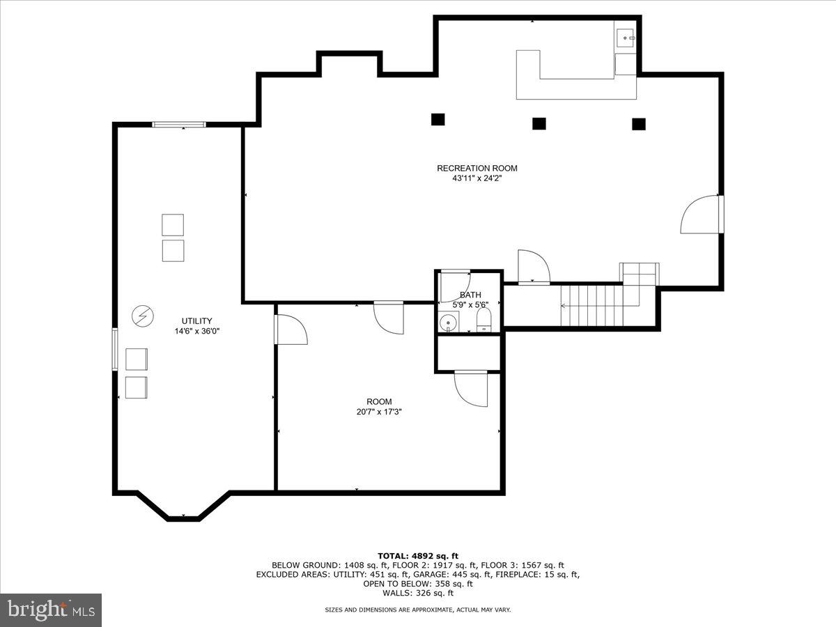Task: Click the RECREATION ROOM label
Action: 477,168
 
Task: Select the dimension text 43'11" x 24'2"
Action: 477,178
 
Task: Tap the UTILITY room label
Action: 197,321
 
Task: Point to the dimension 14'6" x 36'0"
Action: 197,332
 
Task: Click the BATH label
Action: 470,295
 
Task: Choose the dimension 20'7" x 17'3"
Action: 379,412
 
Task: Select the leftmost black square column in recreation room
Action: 438,119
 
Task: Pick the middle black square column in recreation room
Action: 539,123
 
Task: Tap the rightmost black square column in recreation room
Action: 639,124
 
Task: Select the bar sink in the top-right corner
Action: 625,37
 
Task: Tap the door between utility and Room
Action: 289,330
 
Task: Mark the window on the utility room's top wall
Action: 179,125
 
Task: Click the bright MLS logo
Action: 51,610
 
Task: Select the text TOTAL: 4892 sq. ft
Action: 418,555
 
